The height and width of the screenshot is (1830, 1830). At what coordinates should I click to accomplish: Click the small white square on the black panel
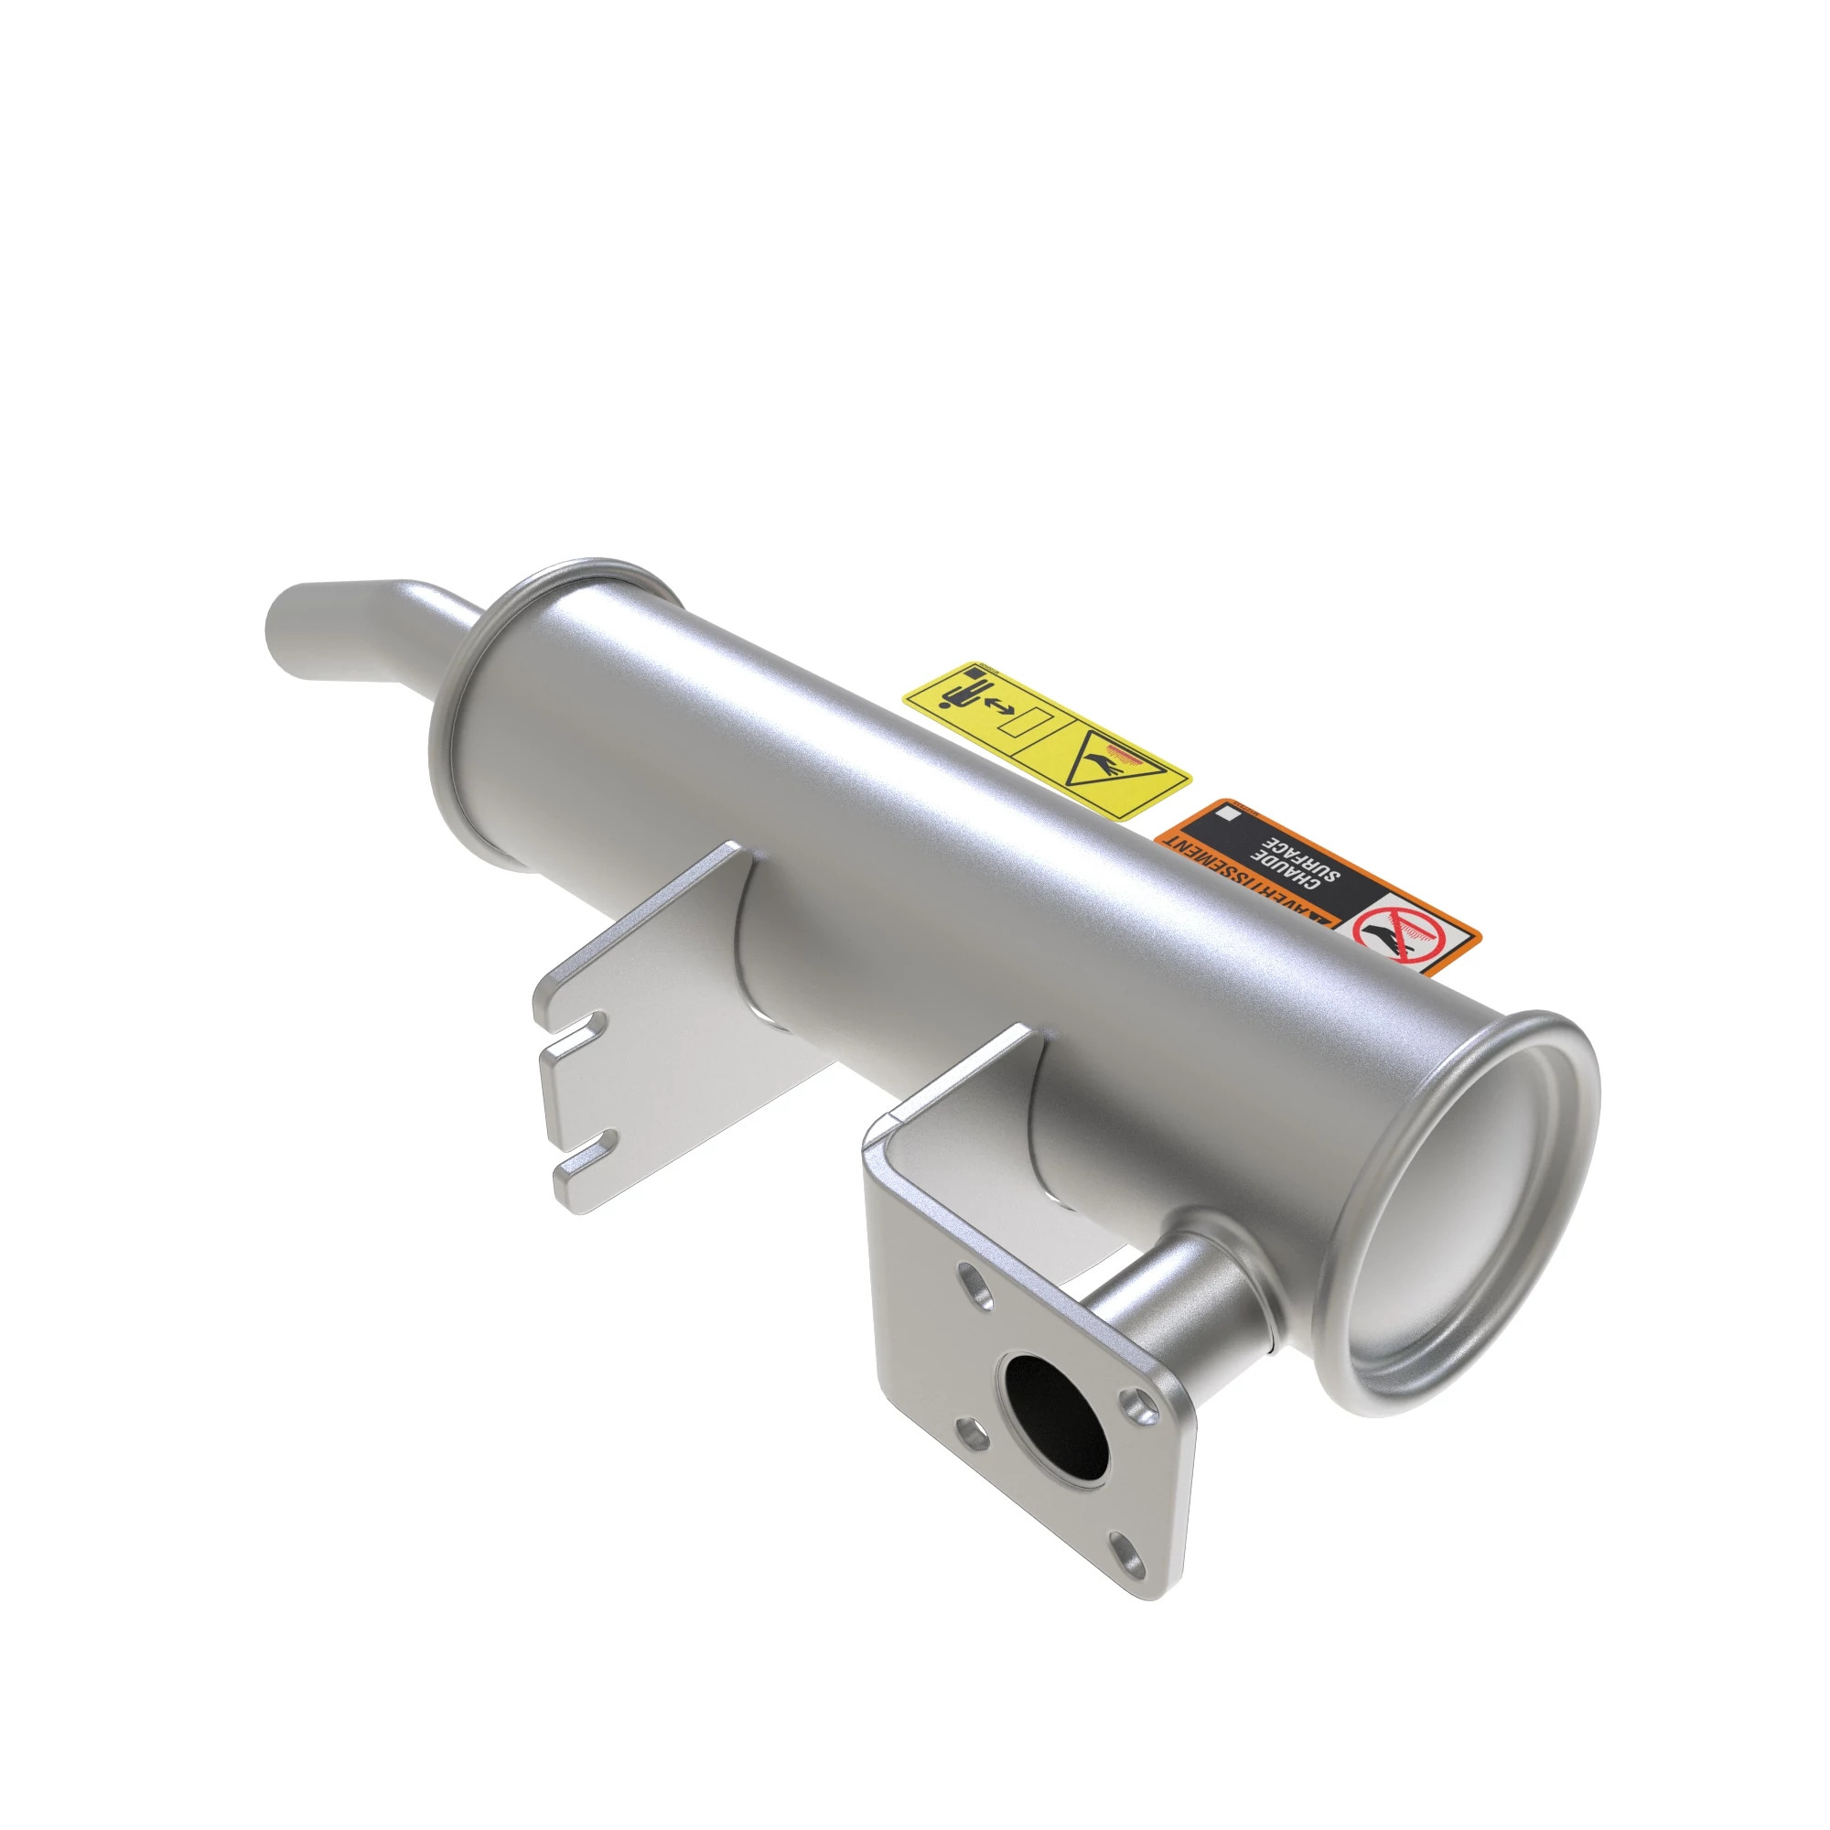(1231, 813)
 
